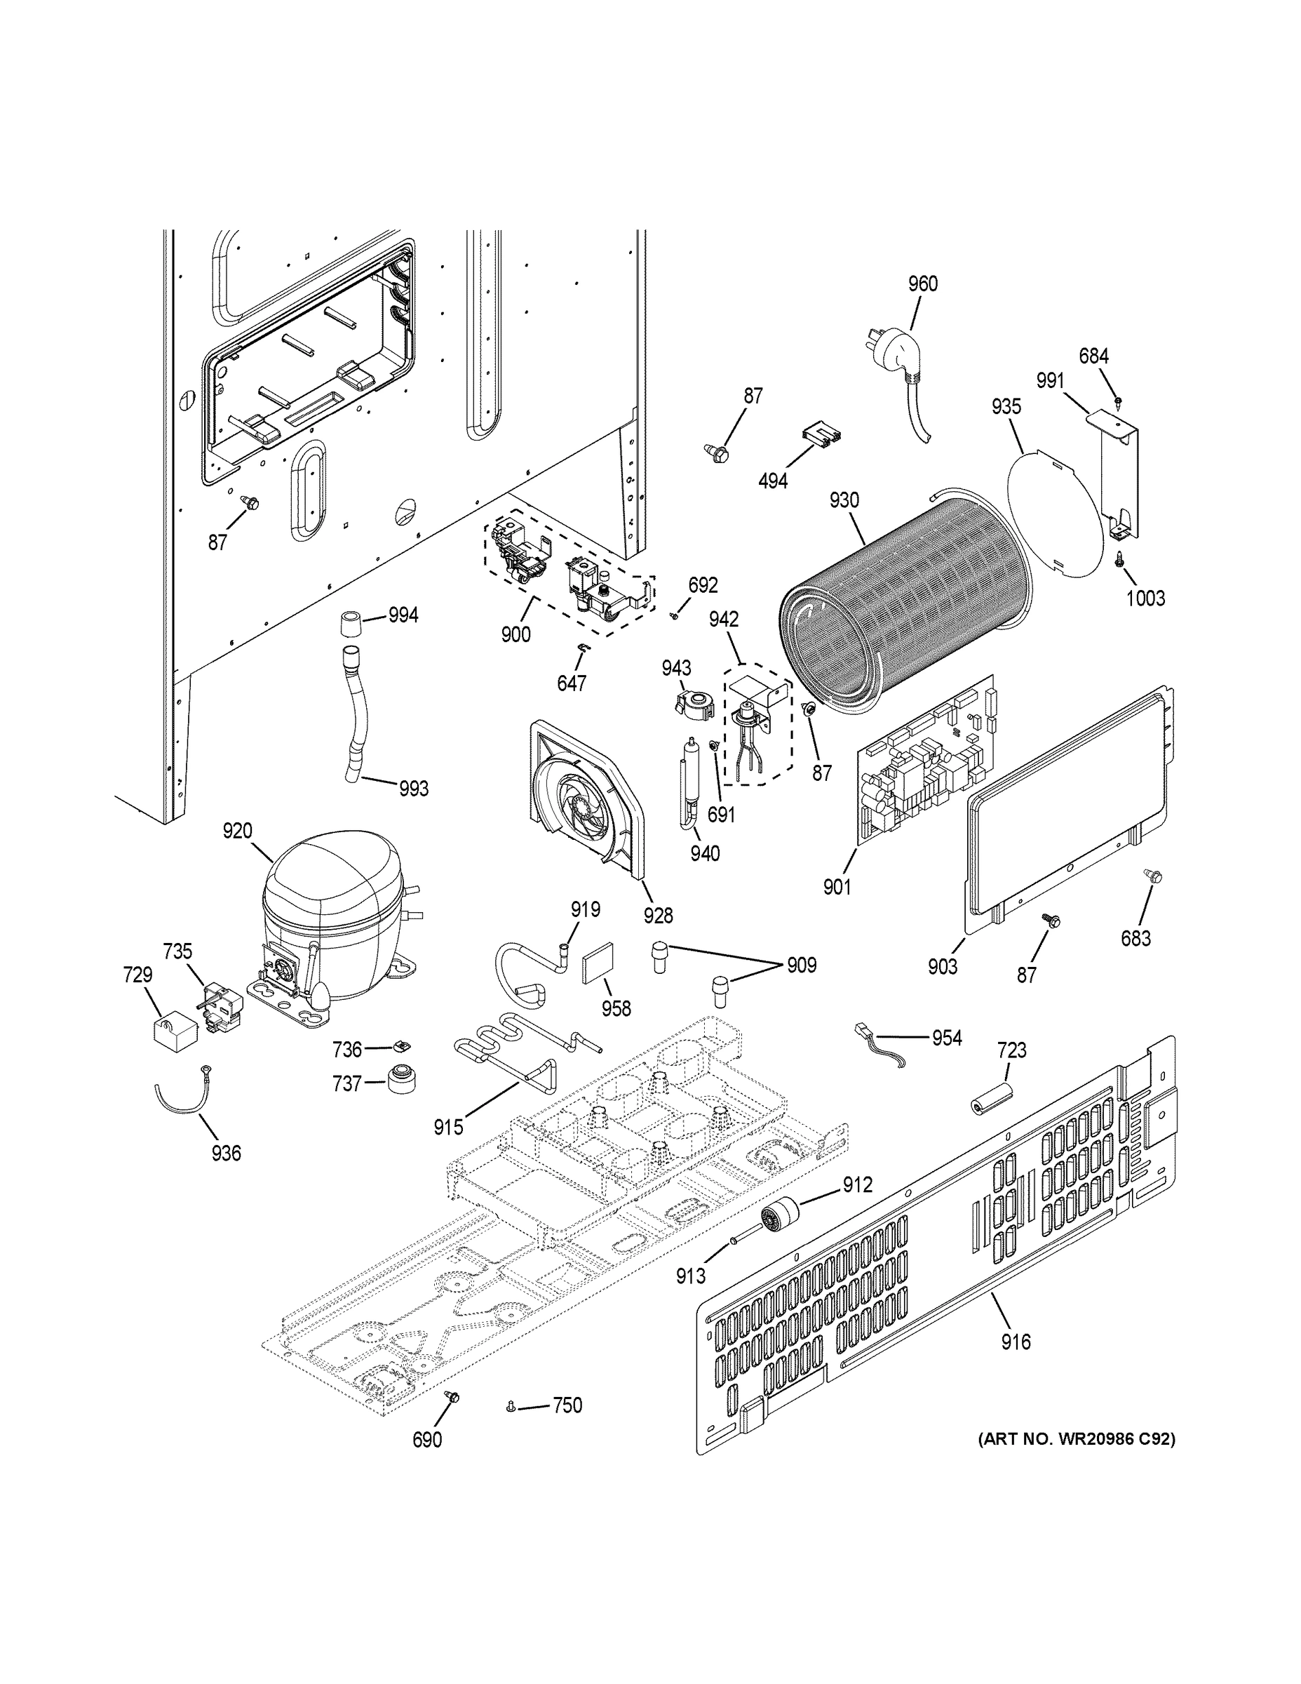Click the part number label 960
tap(922, 283)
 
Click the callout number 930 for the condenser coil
tap(844, 500)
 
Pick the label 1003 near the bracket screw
tap(1145, 598)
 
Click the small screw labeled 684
tap(1119, 401)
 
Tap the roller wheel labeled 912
tap(779, 1219)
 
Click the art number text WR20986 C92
tap(1076, 1438)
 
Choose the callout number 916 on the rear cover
tap(1015, 1342)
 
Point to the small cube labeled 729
tap(171, 1031)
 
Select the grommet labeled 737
tap(402, 1079)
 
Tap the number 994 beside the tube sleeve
tap(403, 615)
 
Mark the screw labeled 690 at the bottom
tap(452, 1397)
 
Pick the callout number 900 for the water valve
tap(515, 634)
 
